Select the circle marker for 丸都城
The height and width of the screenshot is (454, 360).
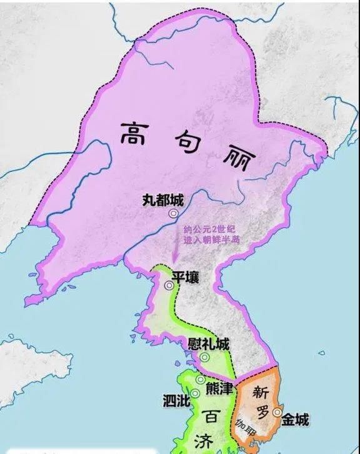coord(164,214)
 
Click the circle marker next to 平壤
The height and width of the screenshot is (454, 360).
coord(169,285)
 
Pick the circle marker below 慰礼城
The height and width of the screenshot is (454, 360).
coord(204,358)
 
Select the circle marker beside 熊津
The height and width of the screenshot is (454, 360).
coord(200,380)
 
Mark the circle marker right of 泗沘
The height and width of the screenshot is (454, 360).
coord(195,393)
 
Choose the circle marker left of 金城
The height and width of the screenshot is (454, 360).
coord(277,412)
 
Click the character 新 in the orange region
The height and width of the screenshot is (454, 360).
coord(257,392)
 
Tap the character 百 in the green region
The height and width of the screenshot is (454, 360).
coord(211,415)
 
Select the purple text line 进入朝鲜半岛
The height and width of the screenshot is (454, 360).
coord(212,240)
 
